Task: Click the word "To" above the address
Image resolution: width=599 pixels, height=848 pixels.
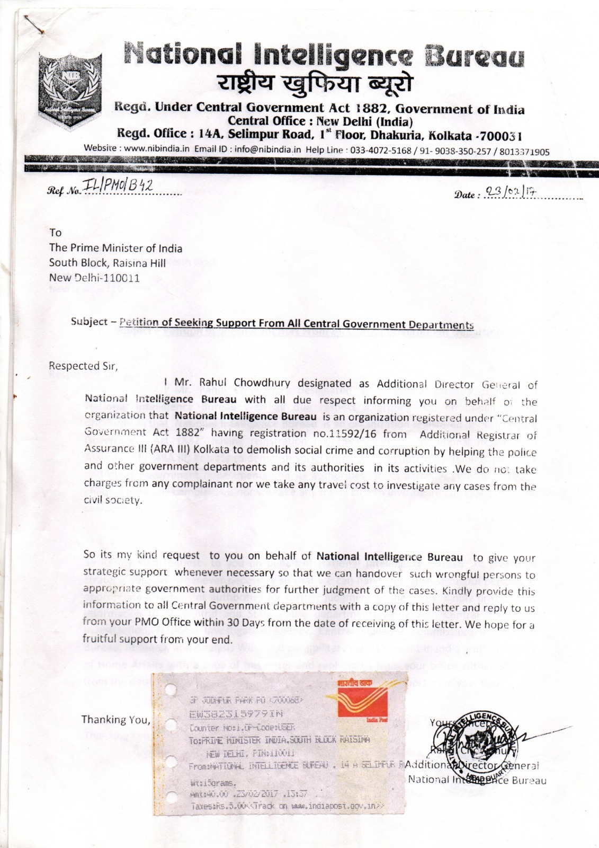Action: click(x=55, y=233)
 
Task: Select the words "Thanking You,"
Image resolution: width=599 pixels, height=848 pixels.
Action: click(x=115, y=719)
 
